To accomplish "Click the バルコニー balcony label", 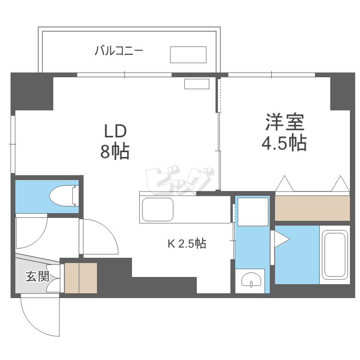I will point(119,50).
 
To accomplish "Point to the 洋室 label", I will point(285,122).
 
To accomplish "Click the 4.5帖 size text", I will point(284,143).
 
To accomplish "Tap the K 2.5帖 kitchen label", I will point(187,244).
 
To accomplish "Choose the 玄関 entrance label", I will point(37,276).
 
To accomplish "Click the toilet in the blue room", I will point(62,196).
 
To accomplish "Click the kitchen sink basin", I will point(157,209).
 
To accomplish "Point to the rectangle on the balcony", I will point(188,55).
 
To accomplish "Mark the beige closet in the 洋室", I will point(312,208).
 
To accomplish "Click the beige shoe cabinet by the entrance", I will point(81,278).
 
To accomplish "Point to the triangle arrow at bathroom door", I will point(281,238).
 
